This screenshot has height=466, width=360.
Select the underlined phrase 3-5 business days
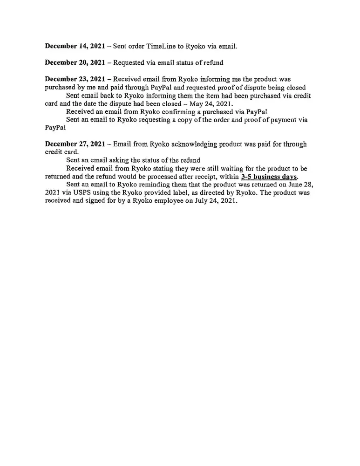coord(269,177)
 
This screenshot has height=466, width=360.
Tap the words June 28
coord(297,185)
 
